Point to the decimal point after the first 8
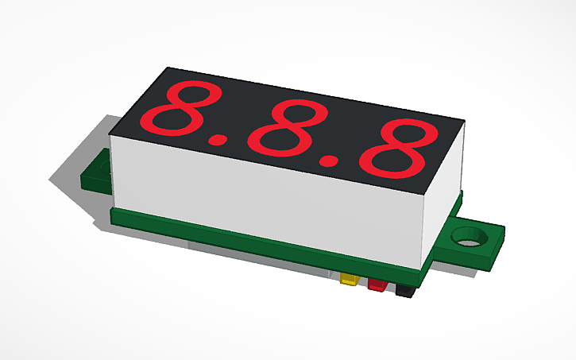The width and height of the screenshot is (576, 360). coord(216,140)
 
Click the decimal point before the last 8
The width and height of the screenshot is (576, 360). coord(327,161)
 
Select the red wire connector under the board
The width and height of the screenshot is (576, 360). coord(376,285)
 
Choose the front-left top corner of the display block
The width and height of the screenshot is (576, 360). coord(110,133)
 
